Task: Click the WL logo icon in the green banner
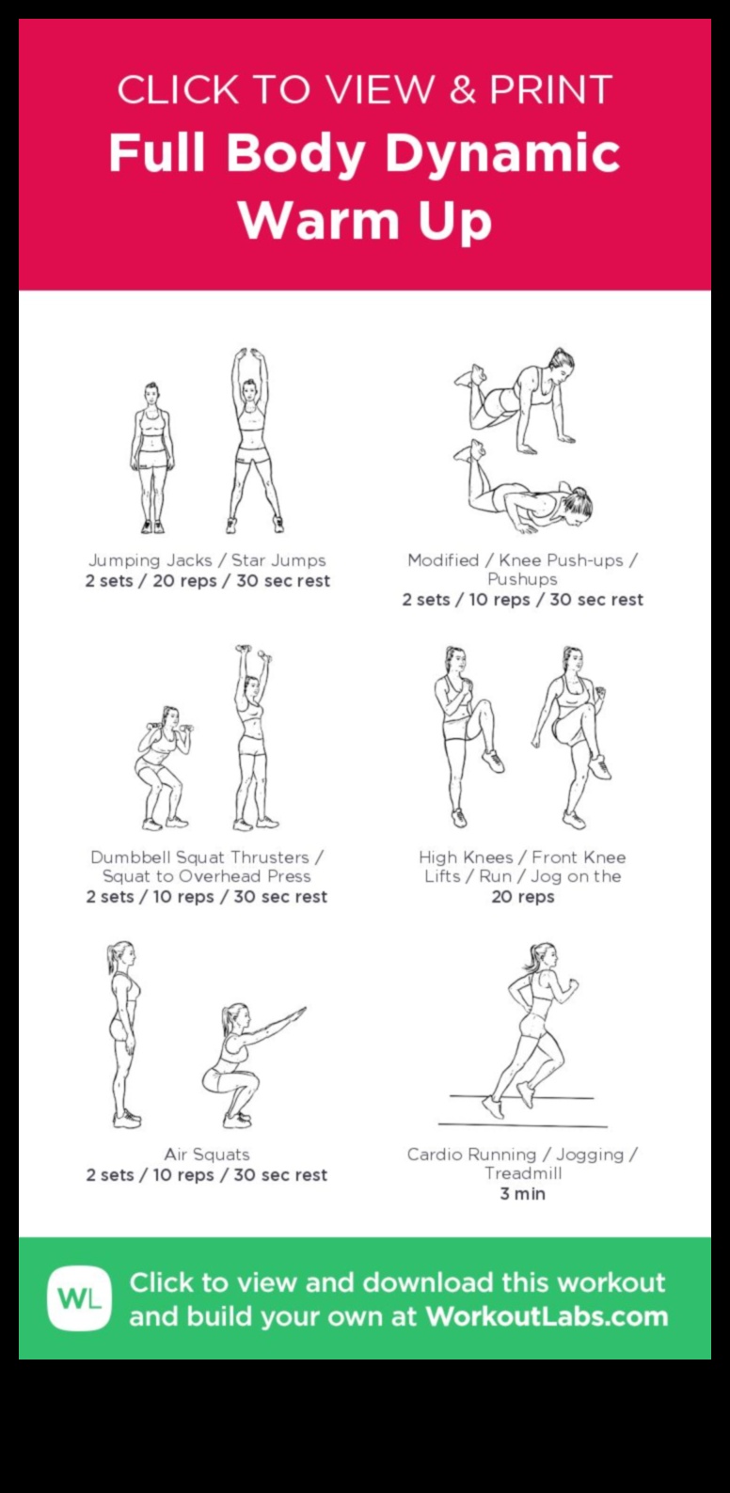tap(80, 1298)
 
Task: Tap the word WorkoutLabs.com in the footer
tap(547, 1316)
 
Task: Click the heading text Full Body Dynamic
tap(364, 153)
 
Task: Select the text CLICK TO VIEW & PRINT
tap(364, 90)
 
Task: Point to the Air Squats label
tap(207, 1155)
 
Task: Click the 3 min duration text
tap(522, 1194)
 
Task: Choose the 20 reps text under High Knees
tap(522, 897)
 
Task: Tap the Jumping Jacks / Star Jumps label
tap(207, 560)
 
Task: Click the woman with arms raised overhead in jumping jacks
tap(252, 440)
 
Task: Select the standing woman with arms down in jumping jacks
tap(151, 457)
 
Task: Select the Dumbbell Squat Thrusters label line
tap(207, 857)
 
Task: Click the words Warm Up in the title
tap(364, 221)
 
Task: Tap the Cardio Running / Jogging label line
tap(522, 1155)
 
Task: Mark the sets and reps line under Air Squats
tap(207, 1175)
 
